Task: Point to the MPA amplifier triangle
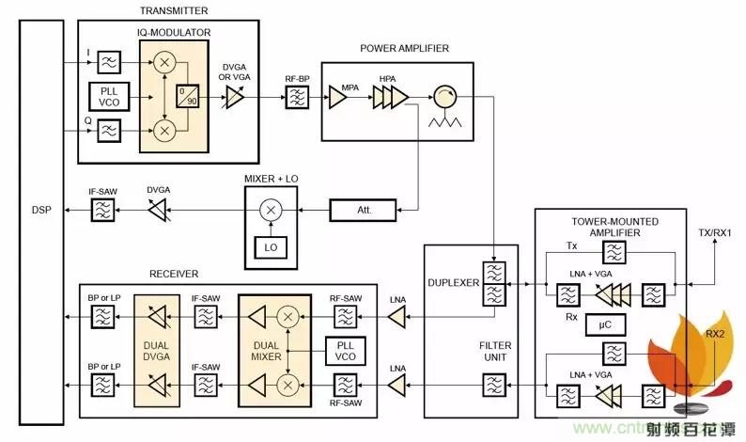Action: (337, 96)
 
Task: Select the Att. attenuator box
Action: (364, 209)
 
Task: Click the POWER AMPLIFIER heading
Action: (404, 48)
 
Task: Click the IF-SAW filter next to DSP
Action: (101, 210)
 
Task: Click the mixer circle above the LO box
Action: (271, 209)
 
